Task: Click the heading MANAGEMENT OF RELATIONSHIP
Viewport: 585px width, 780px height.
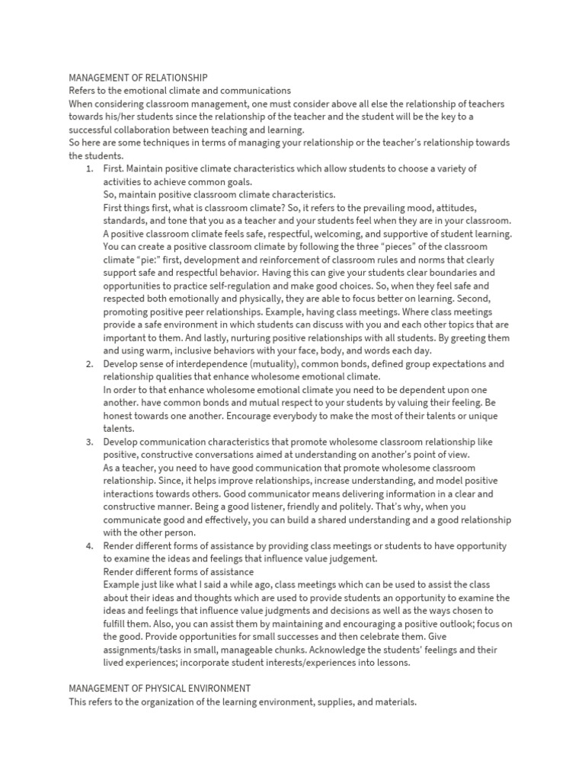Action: coord(138,78)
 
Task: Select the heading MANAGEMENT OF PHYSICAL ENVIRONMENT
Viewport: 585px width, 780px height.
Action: coord(160,688)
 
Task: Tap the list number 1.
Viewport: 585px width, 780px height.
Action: coord(90,168)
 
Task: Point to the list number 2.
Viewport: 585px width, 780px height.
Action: coord(90,364)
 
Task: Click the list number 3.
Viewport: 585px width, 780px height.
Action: coord(90,442)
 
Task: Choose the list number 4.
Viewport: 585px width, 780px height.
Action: coord(90,545)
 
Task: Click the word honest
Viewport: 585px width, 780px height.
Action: coord(120,416)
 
